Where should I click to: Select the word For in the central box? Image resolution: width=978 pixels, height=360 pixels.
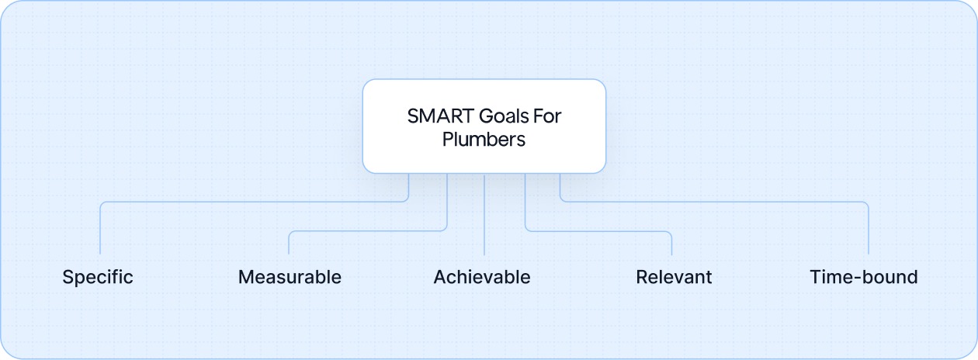click(x=548, y=116)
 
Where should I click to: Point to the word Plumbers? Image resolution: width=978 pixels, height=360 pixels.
click(x=484, y=140)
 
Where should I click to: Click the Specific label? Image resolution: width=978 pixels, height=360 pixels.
click(x=98, y=277)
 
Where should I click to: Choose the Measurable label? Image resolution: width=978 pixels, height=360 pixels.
click(x=290, y=277)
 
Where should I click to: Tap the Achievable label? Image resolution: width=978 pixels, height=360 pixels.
click(x=482, y=277)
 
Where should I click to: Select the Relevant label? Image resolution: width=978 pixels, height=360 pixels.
click(x=674, y=277)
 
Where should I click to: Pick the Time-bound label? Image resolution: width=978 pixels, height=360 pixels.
click(x=864, y=277)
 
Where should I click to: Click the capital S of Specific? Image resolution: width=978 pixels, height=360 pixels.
click(x=68, y=277)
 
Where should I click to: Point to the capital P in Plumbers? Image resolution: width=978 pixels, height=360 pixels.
click(x=448, y=140)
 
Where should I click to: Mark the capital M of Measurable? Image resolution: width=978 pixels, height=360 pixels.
click(x=246, y=277)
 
